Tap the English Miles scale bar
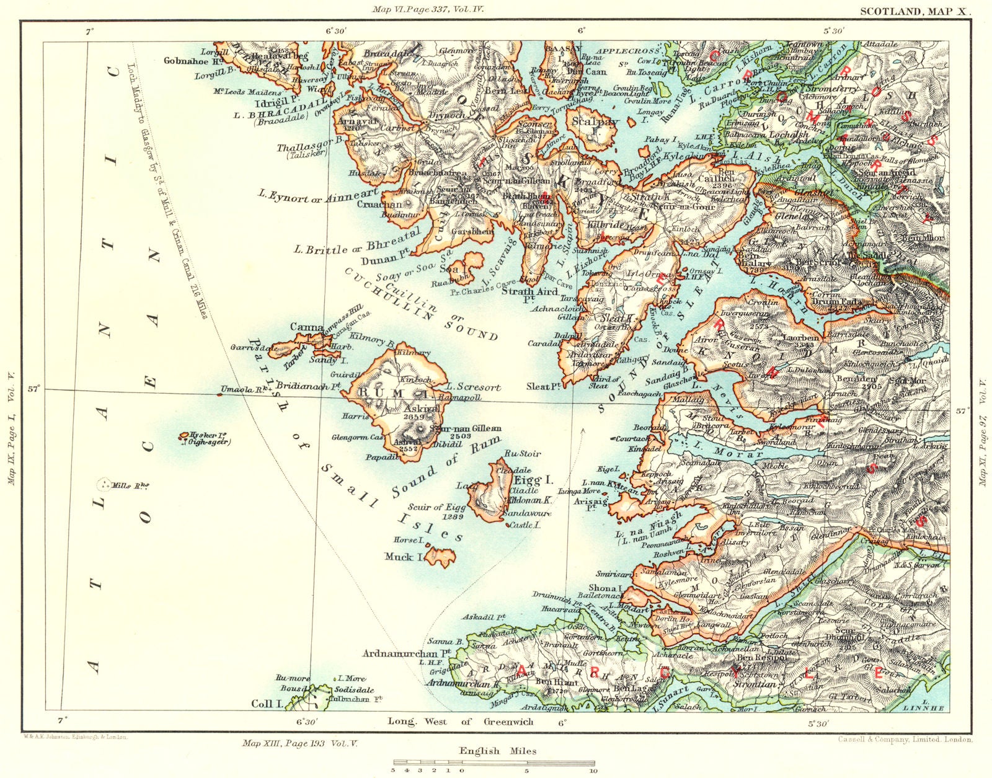pyautogui.click(x=493, y=763)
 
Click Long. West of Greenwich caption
pyautogui.click(x=460, y=721)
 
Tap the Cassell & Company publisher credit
pyautogui.click(x=905, y=739)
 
